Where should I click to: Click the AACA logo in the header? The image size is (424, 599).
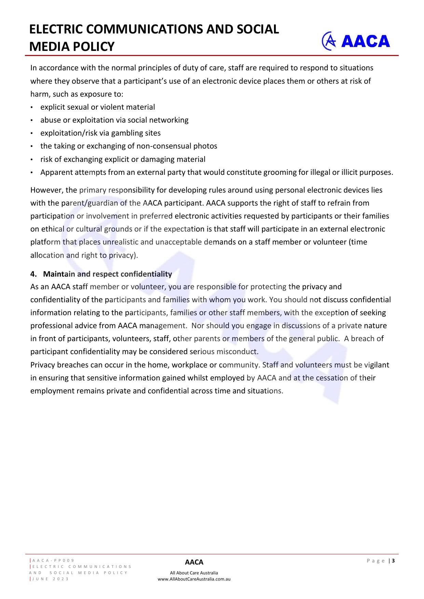356,41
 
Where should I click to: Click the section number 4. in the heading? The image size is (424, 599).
33,274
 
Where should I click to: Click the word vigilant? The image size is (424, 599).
377,365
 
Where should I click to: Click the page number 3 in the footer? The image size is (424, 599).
393,560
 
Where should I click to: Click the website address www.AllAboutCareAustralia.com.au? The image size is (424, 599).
194,579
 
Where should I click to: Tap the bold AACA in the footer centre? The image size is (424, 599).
194,562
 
